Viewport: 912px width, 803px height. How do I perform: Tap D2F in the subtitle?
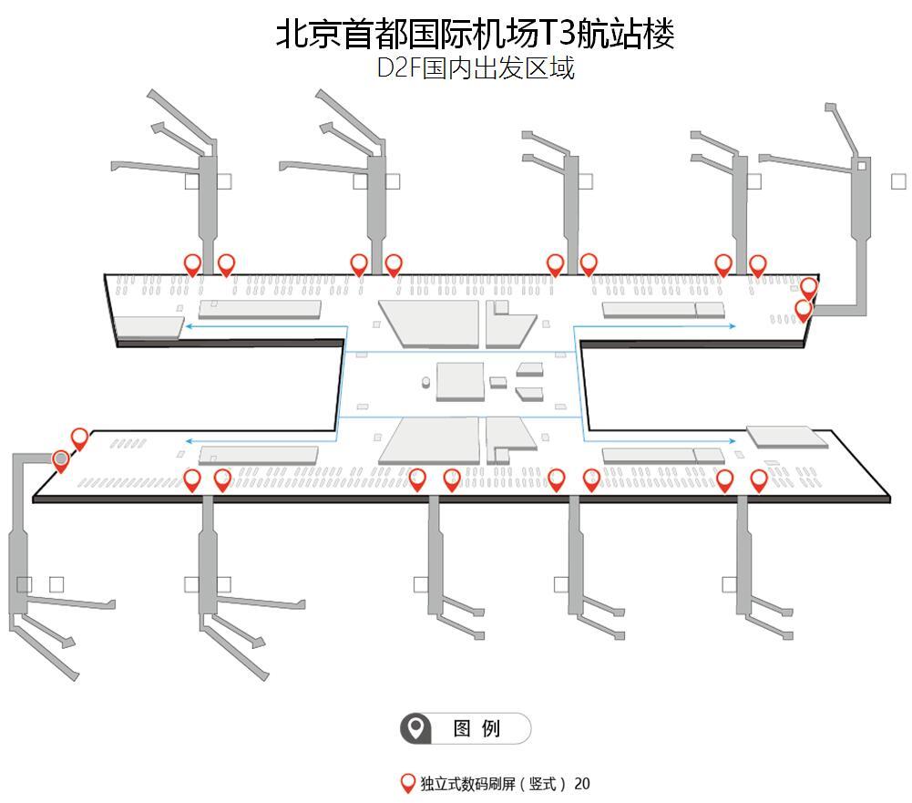[x=398, y=68]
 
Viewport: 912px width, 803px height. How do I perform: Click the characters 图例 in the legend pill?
[x=477, y=729]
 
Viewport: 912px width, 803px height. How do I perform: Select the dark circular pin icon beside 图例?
[x=416, y=728]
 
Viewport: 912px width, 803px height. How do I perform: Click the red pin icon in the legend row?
[x=409, y=783]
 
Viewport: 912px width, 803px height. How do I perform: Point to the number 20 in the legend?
[x=582, y=784]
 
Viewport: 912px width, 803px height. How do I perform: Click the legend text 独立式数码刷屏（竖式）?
[x=493, y=784]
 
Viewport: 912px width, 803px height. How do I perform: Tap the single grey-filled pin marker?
[x=61, y=459]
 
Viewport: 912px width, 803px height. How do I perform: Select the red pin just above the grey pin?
[x=79, y=438]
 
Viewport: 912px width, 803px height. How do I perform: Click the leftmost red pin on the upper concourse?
[x=192, y=264]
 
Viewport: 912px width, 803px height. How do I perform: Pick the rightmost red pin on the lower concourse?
[x=759, y=479]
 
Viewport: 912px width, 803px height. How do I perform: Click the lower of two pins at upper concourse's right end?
[x=803, y=309]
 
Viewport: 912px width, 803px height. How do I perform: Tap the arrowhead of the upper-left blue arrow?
[x=188, y=324]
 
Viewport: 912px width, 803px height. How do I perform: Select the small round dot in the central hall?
[x=425, y=380]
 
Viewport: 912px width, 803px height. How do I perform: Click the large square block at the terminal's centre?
[x=459, y=380]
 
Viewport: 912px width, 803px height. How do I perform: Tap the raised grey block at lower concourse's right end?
[x=786, y=435]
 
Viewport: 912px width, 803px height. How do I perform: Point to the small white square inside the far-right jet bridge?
[x=862, y=165]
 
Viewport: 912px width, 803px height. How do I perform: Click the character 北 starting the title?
[x=291, y=34]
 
